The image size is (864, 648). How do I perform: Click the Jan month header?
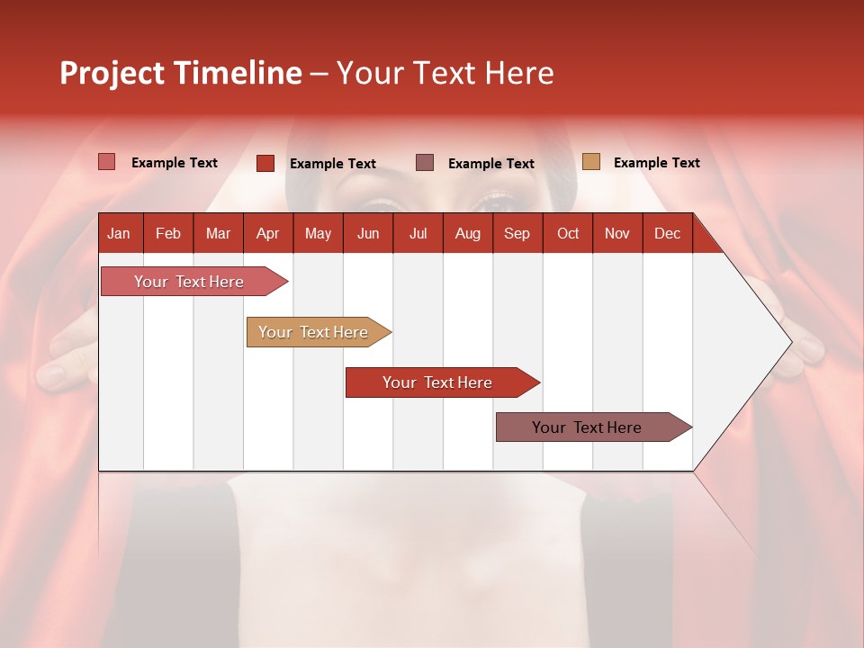coord(119,233)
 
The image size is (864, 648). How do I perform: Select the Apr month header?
coord(267,233)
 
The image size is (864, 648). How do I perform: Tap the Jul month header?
coord(418,233)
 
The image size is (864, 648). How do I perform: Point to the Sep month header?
coord(517,233)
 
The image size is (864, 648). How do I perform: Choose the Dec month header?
coord(667,233)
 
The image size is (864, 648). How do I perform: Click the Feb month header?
coord(168,233)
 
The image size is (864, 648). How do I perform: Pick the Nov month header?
coord(617,233)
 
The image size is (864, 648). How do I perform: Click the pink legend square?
coord(107,162)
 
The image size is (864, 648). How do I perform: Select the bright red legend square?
coord(265,163)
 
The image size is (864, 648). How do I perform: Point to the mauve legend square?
coord(425,162)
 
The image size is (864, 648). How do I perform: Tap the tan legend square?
coord(591,161)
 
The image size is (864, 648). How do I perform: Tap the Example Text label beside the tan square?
coord(656,162)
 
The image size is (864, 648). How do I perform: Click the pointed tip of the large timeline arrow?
coord(789,341)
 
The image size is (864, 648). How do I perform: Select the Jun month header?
coord(368,233)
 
